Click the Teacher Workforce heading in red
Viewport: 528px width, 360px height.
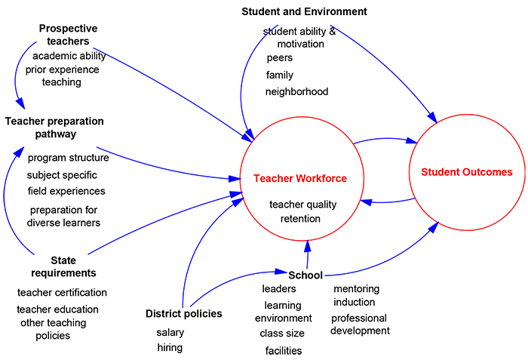(x=300, y=179)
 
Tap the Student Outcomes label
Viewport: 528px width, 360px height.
(x=466, y=172)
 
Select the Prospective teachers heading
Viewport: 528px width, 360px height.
(x=69, y=35)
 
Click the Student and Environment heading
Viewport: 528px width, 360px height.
(x=304, y=11)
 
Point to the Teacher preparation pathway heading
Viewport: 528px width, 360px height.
(x=54, y=128)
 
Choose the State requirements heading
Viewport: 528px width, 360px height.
(x=63, y=266)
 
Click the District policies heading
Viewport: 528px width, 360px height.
(x=184, y=313)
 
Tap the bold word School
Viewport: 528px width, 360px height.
(x=305, y=275)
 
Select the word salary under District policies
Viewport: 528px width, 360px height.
(x=170, y=332)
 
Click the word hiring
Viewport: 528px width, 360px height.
(x=170, y=347)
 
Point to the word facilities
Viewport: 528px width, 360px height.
(x=284, y=350)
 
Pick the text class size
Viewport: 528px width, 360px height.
(x=282, y=333)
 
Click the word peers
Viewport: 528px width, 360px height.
(x=279, y=57)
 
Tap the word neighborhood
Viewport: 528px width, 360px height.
(x=296, y=91)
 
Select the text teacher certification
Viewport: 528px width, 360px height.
(x=62, y=292)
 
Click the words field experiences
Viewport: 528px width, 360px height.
(x=66, y=191)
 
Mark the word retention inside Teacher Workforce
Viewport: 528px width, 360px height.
(x=300, y=219)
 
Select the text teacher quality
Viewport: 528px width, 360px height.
(x=303, y=204)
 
